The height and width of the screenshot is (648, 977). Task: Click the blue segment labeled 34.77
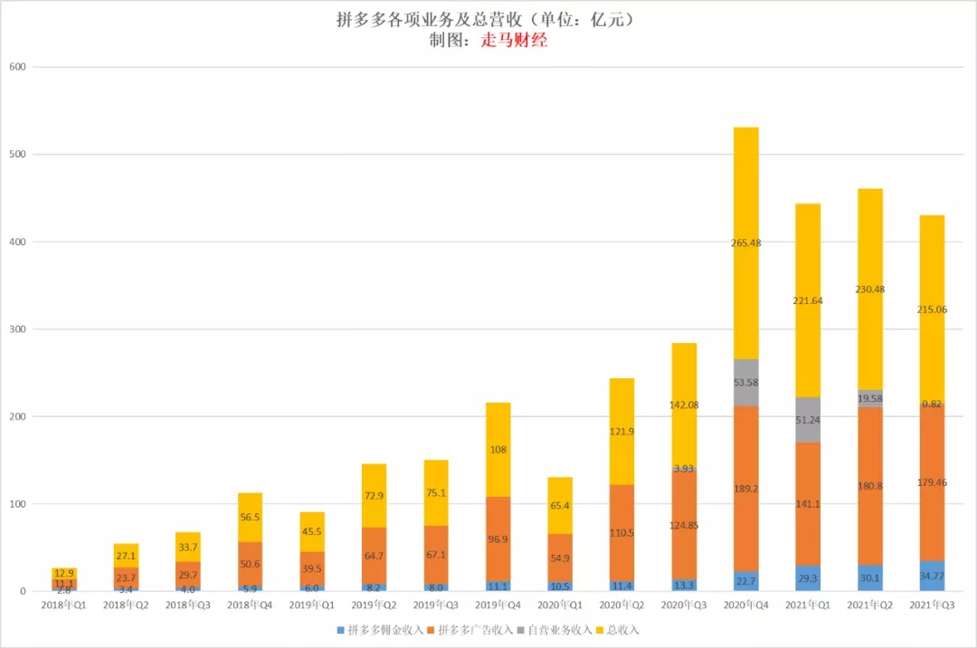925,576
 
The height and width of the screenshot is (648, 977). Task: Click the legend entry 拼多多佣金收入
379,630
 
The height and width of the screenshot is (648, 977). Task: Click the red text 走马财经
513,41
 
